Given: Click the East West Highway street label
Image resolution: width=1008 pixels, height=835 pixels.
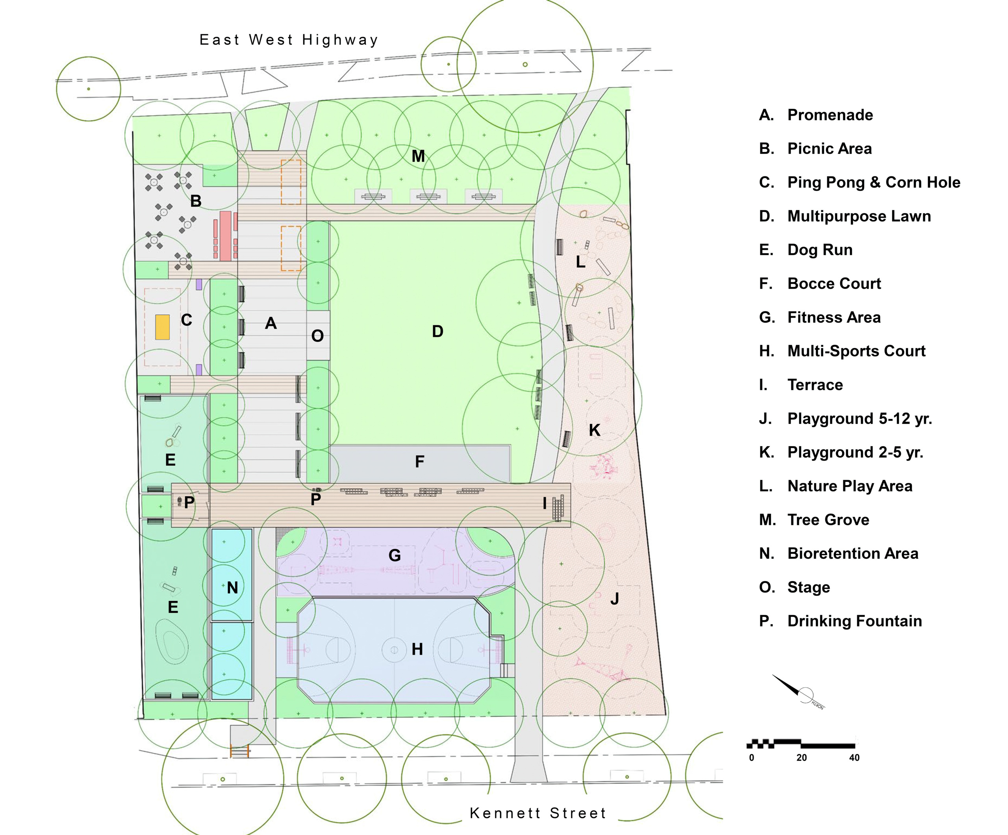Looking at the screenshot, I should [289, 39].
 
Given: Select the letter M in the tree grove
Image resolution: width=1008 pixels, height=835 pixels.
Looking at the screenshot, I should [418, 156].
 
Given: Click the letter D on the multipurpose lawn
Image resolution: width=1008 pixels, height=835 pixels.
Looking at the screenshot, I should [437, 331].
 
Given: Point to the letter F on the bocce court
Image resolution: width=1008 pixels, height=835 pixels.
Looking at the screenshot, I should [419, 462].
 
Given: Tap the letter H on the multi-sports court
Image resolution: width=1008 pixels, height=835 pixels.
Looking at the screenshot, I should [417, 649].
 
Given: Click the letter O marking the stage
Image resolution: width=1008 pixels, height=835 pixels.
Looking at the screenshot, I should [317, 336].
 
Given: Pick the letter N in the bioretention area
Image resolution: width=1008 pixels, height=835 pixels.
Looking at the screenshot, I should [232, 588].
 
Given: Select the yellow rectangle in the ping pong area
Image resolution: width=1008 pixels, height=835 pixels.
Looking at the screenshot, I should [162, 327].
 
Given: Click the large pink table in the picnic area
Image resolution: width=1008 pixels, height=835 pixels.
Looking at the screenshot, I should [225, 235].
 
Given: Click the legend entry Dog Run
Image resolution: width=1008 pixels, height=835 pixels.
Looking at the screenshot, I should [819, 250].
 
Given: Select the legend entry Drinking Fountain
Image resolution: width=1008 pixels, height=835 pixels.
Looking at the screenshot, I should [854, 621].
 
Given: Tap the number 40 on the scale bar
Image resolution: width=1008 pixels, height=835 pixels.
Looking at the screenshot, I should [854, 758].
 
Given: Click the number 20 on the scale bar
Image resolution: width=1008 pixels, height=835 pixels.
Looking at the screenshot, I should [801, 758].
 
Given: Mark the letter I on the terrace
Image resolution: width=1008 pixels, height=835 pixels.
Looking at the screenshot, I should [544, 503].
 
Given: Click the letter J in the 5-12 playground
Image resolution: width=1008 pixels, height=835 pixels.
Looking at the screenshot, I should [614, 599].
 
